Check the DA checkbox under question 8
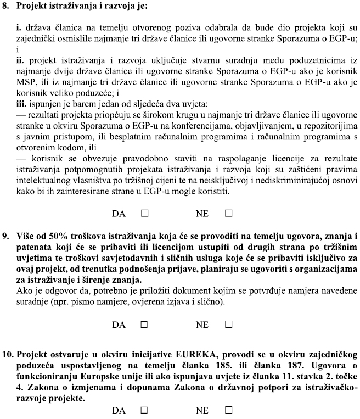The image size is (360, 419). (x=144, y=213)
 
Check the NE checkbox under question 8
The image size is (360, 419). (x=228, y=213)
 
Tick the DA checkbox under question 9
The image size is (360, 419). (x=144, y=325)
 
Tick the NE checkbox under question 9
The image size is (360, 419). (x=228, y=325)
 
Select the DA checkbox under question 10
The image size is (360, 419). (x=144, y=410)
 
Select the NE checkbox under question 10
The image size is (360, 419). (x=228, y=410)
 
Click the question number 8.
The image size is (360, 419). (x=8, y=7)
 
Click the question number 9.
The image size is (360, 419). (x=8, y=237)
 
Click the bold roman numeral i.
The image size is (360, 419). (x=19, y=26)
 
